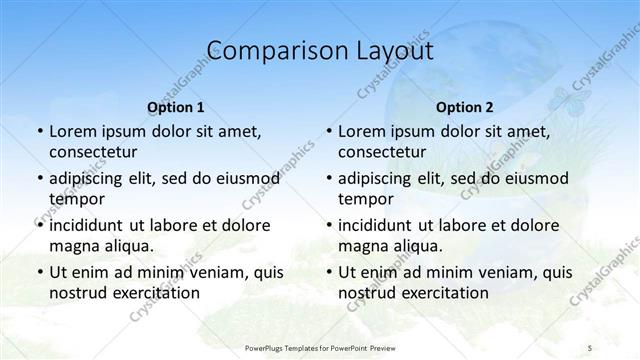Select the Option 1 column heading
(176, 107)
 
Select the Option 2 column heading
(465, 107)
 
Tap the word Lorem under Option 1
(71, 131)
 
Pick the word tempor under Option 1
(75, 198)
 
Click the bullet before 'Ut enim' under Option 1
(38, 271)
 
